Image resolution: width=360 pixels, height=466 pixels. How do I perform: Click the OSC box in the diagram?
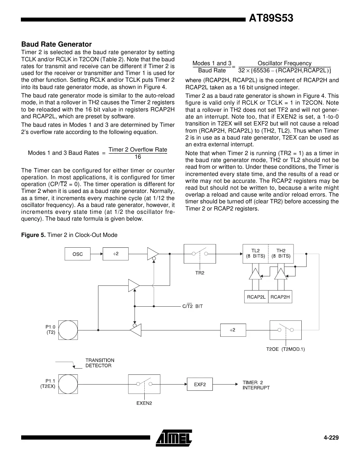coord(78,254)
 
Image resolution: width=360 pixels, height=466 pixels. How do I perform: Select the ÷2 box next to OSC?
coord(116,254)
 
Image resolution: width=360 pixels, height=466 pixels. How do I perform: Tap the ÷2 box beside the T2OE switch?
coord(233,330)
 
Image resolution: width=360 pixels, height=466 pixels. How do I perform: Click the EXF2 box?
coord(200,385)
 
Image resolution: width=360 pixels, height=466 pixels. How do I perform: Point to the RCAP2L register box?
coord(256,297)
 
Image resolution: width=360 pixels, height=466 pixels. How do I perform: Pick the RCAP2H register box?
coord(280,297)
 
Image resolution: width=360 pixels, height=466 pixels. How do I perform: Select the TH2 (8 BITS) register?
coord(281,254)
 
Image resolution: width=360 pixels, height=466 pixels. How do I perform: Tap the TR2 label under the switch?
coord(200,273)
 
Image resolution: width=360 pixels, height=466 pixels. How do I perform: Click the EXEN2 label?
coord(144,403)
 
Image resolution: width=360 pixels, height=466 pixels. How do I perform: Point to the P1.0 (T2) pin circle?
coord(68,330)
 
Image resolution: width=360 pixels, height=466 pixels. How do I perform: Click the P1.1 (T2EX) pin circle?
coord(68,384)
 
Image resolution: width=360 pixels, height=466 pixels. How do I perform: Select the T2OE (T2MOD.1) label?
coord(285,349)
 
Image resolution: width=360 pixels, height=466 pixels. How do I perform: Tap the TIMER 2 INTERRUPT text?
coord(256,385)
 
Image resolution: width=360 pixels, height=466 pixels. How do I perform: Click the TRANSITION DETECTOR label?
coord(100,363)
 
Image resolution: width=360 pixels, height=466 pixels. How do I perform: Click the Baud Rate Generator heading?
coord(56,44)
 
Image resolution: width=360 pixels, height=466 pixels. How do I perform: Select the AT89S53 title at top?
coord(271,19)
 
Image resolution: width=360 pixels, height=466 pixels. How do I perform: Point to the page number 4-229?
coord(331,438)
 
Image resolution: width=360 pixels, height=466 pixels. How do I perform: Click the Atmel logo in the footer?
coord(174,438)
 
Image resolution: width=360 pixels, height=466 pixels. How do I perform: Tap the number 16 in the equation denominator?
coord(138,157)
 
